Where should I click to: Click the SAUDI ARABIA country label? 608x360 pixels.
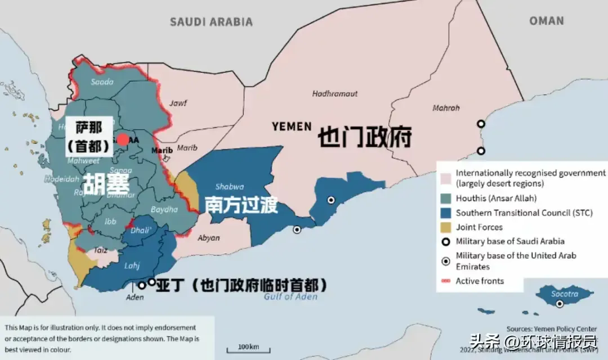(211, 22)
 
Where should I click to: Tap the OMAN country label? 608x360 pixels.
(546, 21)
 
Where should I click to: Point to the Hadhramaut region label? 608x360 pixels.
(335, 93)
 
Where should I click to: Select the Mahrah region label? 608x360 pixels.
(446, 108)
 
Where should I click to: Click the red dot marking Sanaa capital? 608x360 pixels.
(123, 139)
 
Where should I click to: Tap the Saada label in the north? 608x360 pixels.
(102, 82)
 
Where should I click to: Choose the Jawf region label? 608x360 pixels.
(178, 103)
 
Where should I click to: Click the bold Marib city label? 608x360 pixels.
(162, 150)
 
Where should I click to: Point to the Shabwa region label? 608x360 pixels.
(229, 187)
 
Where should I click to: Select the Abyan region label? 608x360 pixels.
(209, 238)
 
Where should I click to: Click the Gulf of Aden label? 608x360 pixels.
(290, 296)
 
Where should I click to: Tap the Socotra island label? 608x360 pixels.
(564, 294)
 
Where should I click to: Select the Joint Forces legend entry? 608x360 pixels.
(479, 227)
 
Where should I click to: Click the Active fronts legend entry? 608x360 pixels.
(479, 281)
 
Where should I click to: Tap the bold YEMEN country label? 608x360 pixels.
(291, 127)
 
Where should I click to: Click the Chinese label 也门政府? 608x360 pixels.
(365, 137)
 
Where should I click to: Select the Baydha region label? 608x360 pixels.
(165, 209)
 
